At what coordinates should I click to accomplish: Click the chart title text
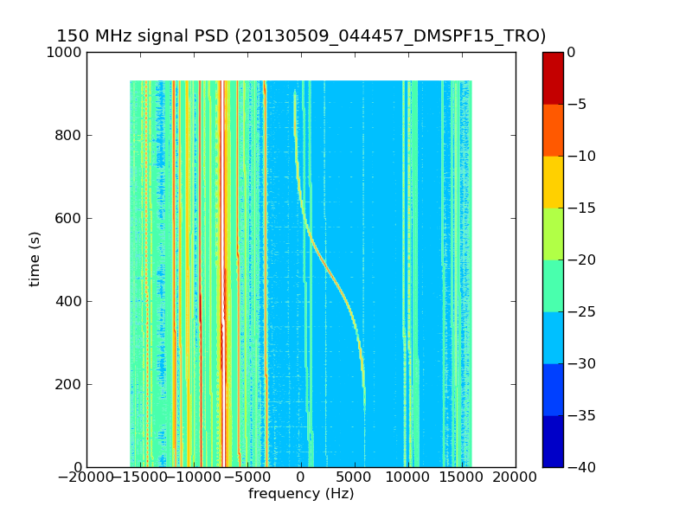[x=301, y=36]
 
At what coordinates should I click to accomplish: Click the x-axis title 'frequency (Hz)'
[x=301, y=494]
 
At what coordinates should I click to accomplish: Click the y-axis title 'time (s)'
[x=35, y=259]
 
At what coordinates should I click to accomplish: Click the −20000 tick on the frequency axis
[x=86, y=477]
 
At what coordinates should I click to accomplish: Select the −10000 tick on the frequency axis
[x=194, y=477]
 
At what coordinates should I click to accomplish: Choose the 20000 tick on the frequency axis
[x=516, y=477]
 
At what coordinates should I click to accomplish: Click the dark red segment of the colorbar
[x=553, y=78]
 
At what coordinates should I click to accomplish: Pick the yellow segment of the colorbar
[x=553, y=182]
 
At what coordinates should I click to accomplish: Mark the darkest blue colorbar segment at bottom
[x=553, y=441]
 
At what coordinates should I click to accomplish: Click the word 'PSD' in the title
[x=215, y=36]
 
